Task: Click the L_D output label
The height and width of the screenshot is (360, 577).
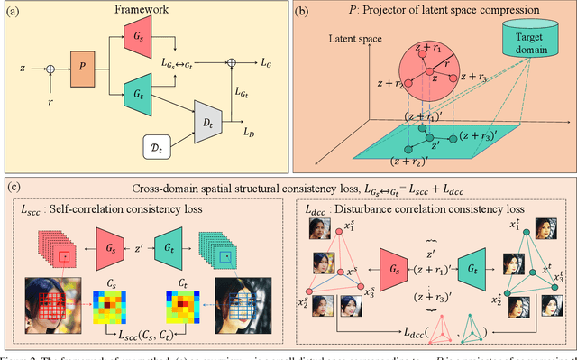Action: [x=247, y=132]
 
